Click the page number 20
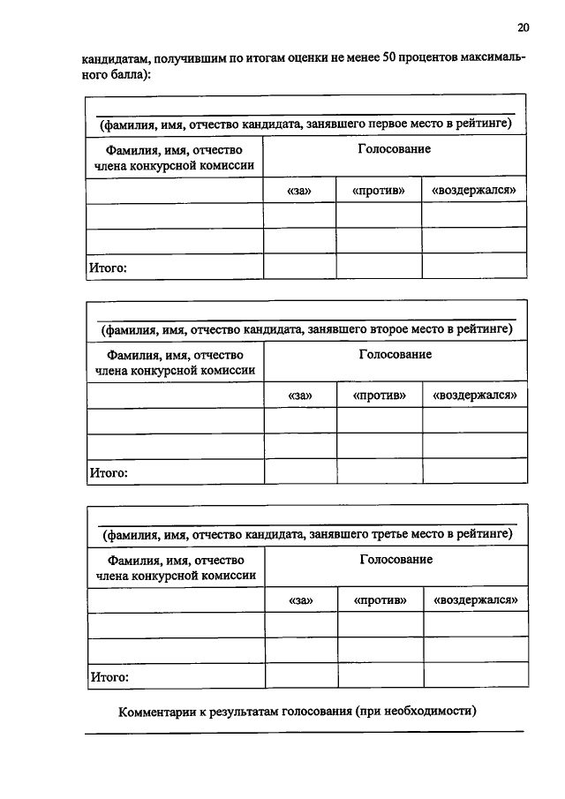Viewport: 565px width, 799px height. [x=523, y=28]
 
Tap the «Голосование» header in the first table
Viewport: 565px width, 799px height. [x=394, y=149]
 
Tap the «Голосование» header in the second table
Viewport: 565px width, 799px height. [x=395, y=354]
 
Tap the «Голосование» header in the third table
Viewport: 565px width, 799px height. [x=395, y=560]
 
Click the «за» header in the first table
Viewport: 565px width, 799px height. [x=299, y=191]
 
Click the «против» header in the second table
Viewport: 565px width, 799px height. [x=380, y=396]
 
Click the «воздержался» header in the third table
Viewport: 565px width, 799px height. [x=475, y=600]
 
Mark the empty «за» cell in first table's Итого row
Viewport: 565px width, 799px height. [x=299, y=267]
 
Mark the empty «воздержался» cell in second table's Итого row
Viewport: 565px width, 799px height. [x=474, y=471]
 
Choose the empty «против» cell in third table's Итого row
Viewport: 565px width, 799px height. [x=380, y=676]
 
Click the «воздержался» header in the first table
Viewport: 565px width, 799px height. [x=473, y=191]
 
